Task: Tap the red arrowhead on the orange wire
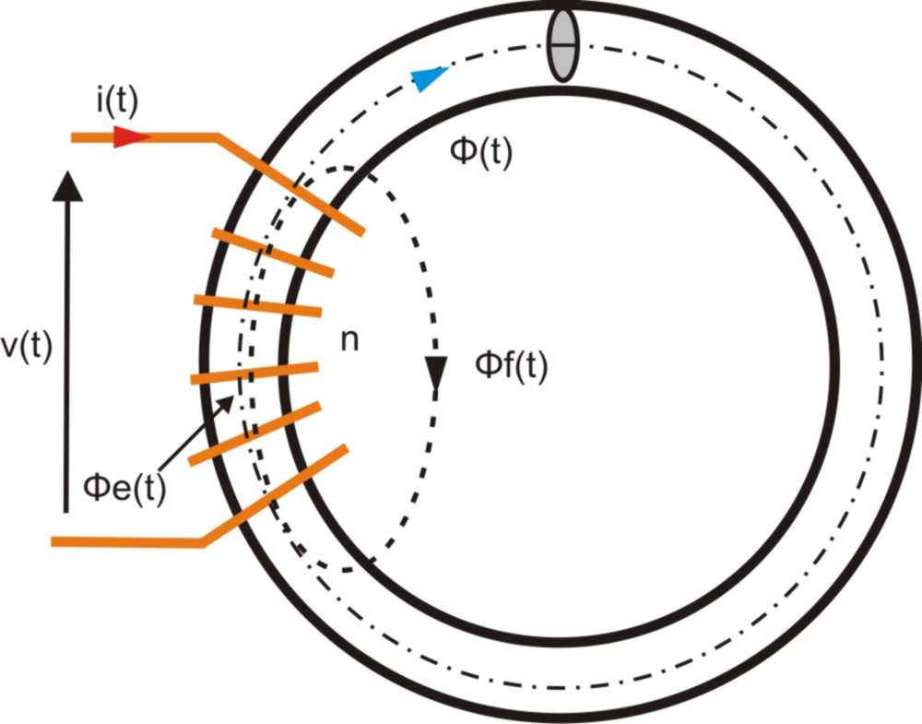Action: [x=131, y=138]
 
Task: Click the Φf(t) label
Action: [x=511, y=366]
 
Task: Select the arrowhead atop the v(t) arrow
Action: [x=66, y=184]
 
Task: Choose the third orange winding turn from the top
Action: [x=258, y=304]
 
